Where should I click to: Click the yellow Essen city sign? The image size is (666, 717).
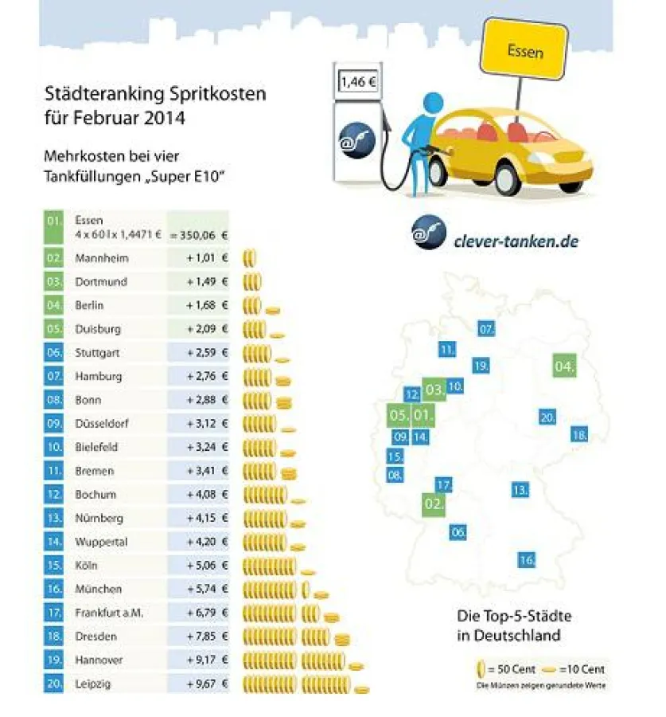[x=525, y=53]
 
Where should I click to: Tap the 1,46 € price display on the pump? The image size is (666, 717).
[x=357, y=82]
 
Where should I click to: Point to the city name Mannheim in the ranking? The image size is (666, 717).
[x=101, y=258]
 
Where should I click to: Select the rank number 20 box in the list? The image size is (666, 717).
[x=53, y=684]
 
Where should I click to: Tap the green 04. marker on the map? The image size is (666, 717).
[x=564, y=366]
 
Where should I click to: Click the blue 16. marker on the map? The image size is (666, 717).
[x=526, y=560]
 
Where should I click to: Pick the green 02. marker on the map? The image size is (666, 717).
[x=434, y=504]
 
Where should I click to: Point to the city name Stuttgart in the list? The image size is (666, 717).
[x=99, y=352]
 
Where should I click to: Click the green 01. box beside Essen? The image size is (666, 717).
[x=53, y=226]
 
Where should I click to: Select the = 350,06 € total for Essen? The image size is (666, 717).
[x=199, y=235]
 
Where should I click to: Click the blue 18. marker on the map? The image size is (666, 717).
[x=578, y=435]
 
